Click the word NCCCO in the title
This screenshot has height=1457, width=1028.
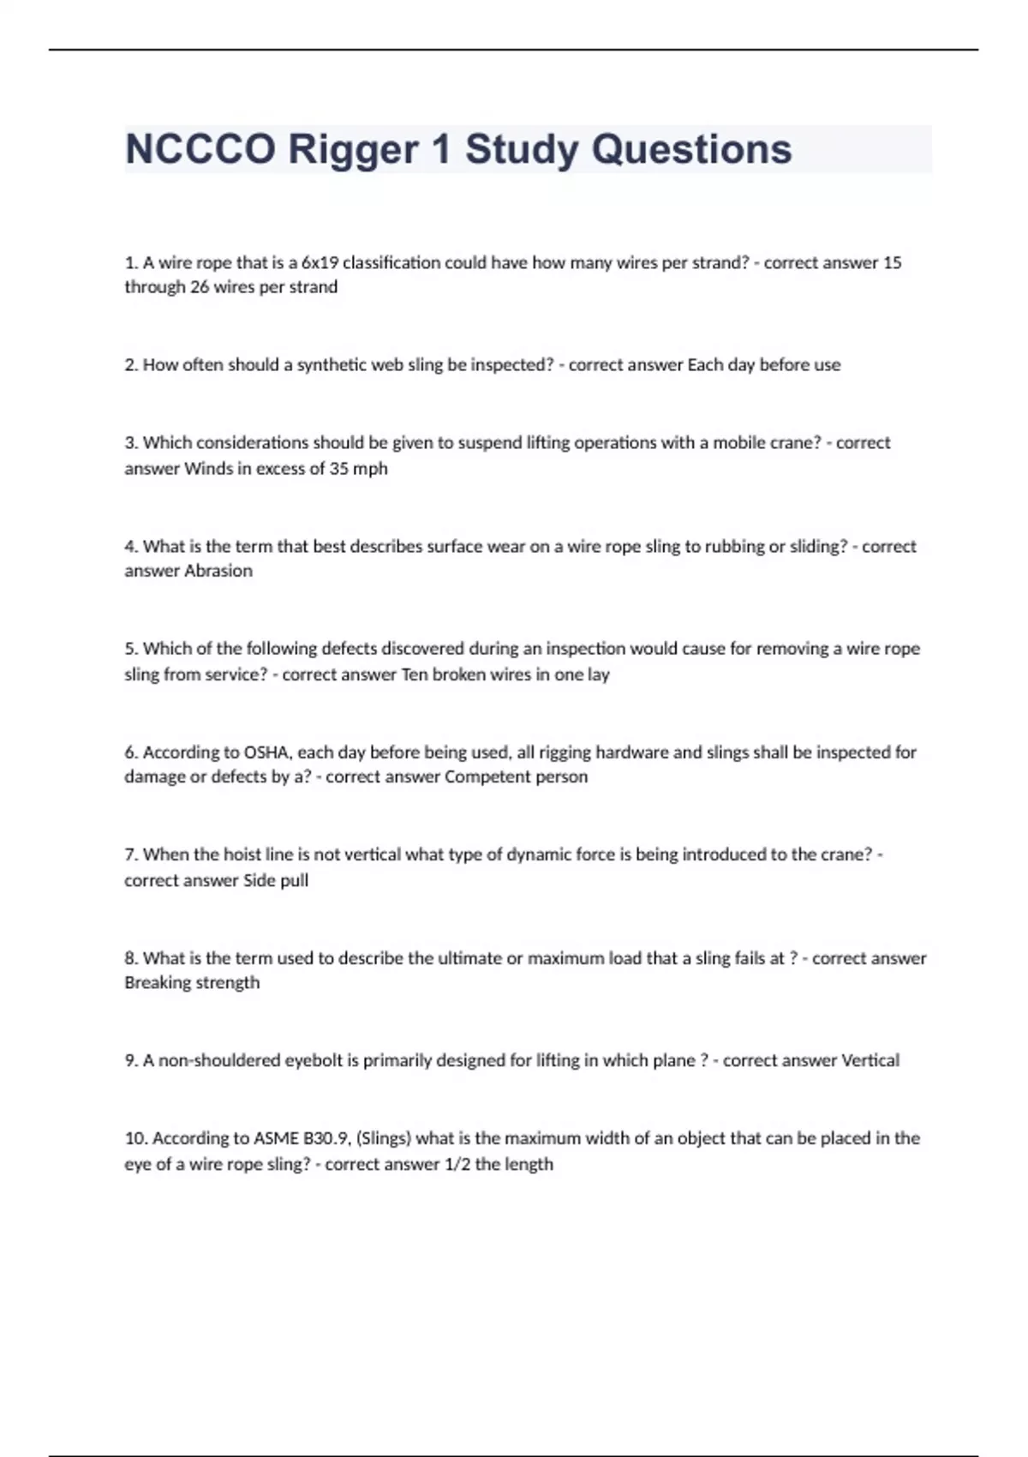[x=200, y=149]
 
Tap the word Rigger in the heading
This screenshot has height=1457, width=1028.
[x=352, y=149]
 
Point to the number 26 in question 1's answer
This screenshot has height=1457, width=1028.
[x=199, y=287]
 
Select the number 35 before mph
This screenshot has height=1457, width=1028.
[x=338, y=469]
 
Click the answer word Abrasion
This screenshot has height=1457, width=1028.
[x=218, y=571]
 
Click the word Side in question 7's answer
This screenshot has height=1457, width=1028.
[x=260, y=880]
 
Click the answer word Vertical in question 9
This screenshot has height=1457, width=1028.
[x=870, y=1061]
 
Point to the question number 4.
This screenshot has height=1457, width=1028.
[x=130, y=547]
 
